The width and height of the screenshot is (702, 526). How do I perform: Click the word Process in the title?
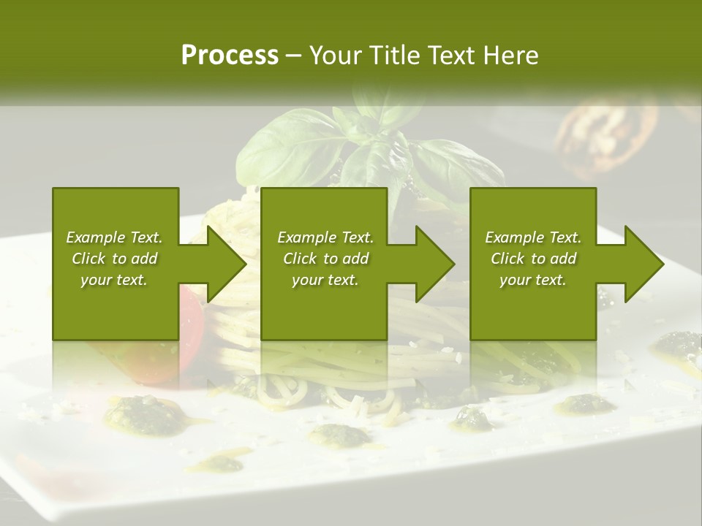click(230, 56)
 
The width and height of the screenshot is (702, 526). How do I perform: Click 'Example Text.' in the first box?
click(114, 237)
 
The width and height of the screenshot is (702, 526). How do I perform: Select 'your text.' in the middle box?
click(325, 280)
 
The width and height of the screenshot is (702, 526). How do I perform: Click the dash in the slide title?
click(294, 56)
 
